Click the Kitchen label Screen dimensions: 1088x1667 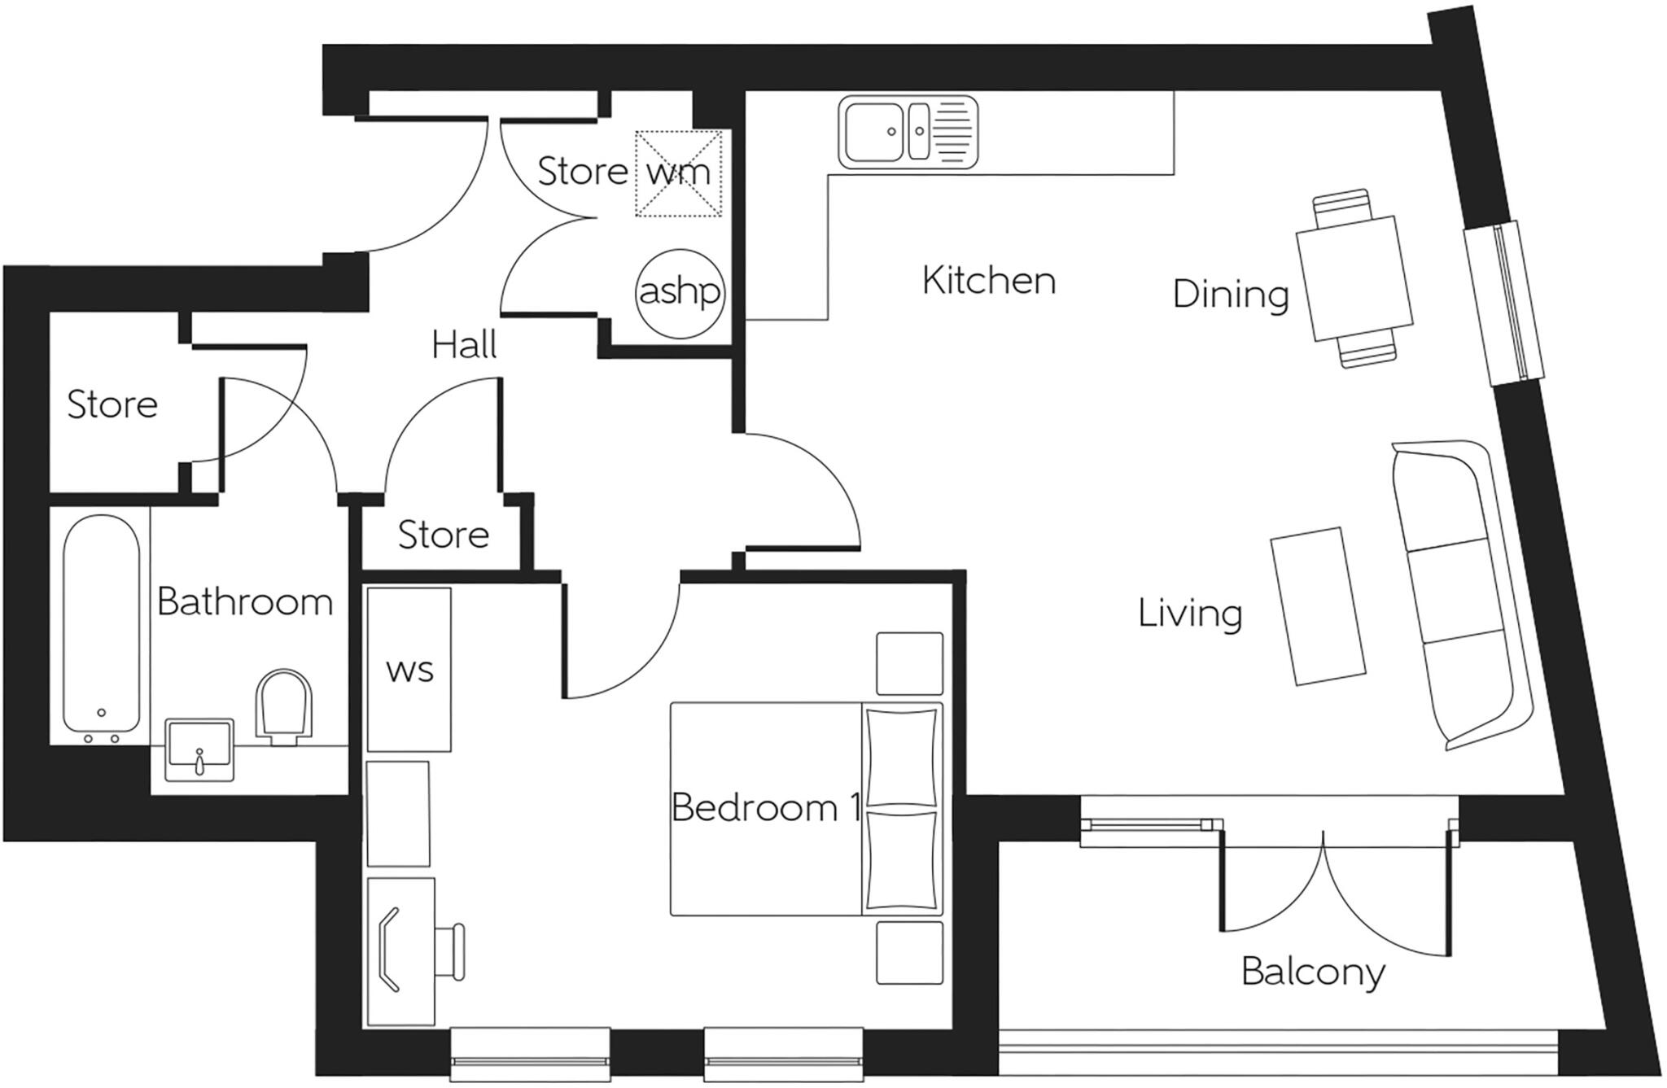[x=988, y=281]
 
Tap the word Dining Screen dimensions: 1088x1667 [x=1230, y=294]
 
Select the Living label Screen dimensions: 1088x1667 [x=1189, y=613]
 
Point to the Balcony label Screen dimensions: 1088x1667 [x=1312, y=972]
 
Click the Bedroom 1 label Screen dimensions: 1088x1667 [x=765, y=807]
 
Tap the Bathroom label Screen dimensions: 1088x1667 [x=244, y=602]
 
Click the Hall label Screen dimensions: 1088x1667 [x=464, y=345]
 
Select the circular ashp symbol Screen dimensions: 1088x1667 [x=679, y=292]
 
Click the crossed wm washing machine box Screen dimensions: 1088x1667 [x=678, y=173]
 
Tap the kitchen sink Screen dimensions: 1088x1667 [x=908, y=132]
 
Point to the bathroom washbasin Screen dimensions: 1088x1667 [x=199, y=749]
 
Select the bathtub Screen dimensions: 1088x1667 [x=101, y=627]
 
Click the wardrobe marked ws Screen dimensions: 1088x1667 [x=409, y=670]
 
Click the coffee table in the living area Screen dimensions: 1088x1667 [x=1318, y=605]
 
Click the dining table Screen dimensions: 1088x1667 [x=1353, y=277]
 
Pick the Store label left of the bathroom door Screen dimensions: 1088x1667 [x=112, y=404]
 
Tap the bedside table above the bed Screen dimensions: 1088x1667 [x=909, y=663]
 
